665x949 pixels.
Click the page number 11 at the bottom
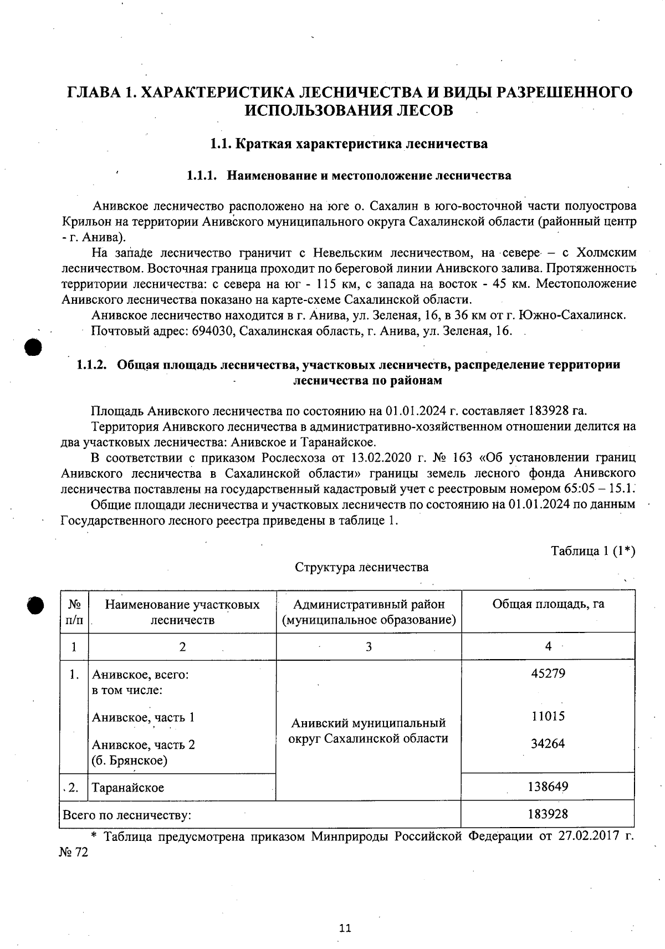coord(345,928)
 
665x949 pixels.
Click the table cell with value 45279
coord(548,674)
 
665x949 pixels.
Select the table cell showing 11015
coord(548,716)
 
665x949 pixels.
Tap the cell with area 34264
coord(548,743)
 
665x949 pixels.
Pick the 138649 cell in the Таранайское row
coord(548,786)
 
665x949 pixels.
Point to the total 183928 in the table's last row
coord(548,814)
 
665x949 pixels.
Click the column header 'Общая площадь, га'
coord(548,604)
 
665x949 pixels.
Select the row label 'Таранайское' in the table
coord(128,788)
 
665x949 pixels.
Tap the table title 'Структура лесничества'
coord(361,567)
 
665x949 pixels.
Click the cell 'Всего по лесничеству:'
coord(127,815)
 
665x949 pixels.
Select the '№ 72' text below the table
coord(73,853)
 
